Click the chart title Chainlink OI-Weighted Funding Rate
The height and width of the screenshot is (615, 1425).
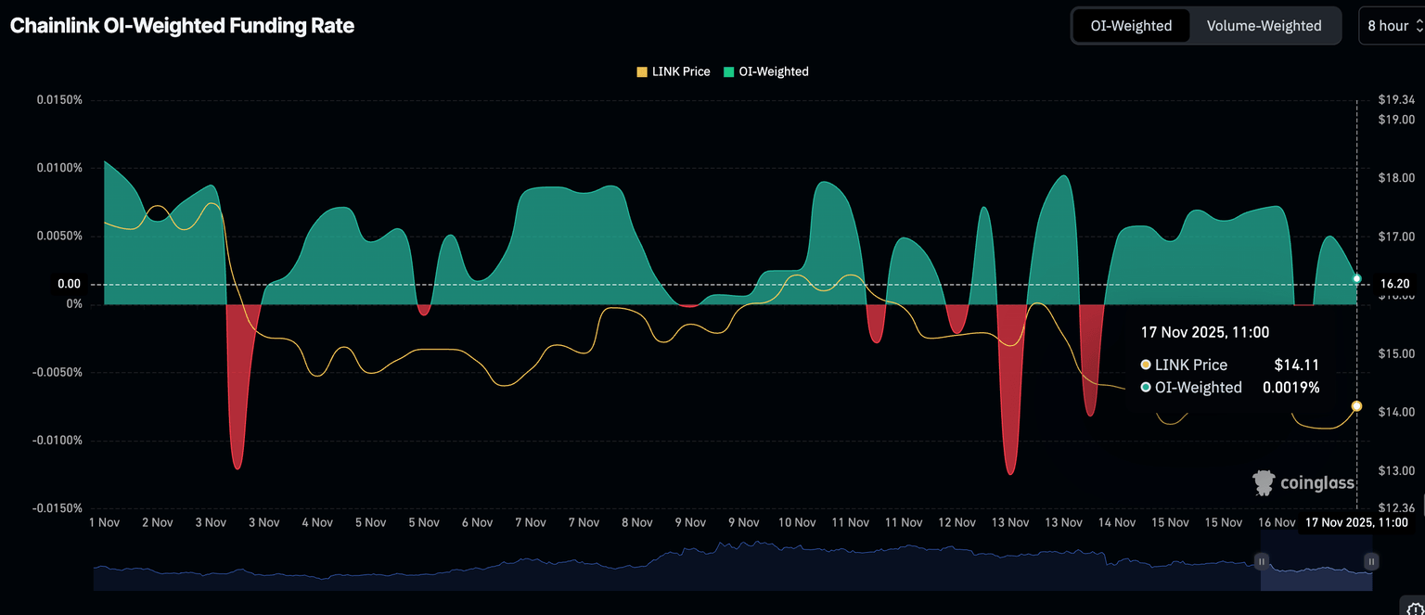(182, 26)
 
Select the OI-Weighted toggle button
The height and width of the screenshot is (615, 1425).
(1130, 26)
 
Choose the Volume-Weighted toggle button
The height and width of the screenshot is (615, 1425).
(1264, 26)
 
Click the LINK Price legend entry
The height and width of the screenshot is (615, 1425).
(674, 71)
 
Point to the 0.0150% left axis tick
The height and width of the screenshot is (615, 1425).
(59, 100)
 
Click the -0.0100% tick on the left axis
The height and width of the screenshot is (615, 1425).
(58, 440)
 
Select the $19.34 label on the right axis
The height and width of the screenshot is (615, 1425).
(1395, 100)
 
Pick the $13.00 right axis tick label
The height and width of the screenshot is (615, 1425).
(1395, 471)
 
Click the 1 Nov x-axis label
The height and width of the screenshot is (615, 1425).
(104, 523)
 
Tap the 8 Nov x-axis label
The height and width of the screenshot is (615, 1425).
(636, 523)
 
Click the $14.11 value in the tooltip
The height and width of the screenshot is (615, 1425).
(1296, 365)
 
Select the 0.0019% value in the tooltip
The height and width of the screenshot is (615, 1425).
(1290, 388)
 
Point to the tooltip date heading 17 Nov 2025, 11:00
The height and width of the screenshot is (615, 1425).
(1204, 332)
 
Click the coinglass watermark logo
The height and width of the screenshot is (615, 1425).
(1303, 482)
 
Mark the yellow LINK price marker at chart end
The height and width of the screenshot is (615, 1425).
(1357, 406)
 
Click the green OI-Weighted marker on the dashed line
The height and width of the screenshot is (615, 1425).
(1357, 278)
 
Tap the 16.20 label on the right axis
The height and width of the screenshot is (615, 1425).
(1394, 284)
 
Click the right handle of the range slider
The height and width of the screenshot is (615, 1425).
(1371, 561)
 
